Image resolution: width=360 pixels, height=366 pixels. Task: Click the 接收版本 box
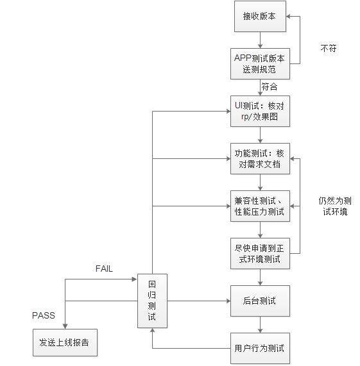pos(260,16)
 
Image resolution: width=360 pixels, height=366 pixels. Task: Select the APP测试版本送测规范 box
pos(260,63)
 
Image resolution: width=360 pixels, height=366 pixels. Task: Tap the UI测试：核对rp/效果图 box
pos(260,111)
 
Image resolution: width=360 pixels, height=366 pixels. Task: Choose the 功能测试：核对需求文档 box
pos(260,159)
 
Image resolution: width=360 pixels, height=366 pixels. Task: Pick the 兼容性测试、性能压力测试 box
pos(260,206)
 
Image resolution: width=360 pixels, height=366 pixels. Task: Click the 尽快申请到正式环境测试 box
pos(260,253)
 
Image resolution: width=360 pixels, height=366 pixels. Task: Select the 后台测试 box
pos(260,301)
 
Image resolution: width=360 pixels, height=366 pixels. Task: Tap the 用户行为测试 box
pos(260,348)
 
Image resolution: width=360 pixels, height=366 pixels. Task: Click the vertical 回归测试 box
pos(152,301)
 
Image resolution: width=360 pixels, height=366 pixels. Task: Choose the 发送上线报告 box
pos(65,343)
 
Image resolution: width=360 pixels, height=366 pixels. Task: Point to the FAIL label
pos(104,269)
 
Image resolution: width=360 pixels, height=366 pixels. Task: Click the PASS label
pos(44,315)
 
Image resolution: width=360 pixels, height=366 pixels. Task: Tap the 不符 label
pos(329,48)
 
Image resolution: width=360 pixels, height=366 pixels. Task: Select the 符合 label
pos(270,87)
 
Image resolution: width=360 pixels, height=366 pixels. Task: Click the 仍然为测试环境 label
pos(335,206)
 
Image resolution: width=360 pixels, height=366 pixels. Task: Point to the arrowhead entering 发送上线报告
pos(65,326)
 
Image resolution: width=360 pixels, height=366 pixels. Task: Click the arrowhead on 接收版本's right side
pos(289,16)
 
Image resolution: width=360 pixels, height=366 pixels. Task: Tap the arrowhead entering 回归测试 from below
pos(152,331)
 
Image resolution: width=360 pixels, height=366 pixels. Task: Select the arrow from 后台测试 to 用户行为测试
pos(260,325)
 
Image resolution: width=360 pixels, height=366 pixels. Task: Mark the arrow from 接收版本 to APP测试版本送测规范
pos(260,40)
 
